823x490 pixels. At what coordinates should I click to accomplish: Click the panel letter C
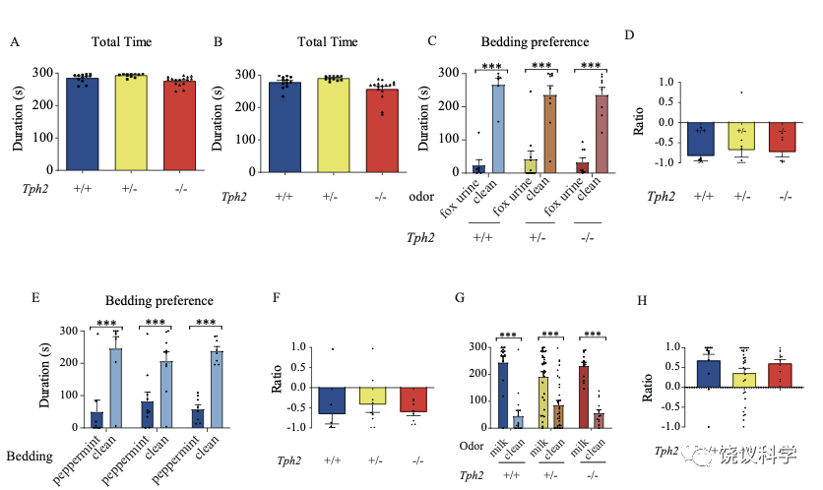pos(430,42)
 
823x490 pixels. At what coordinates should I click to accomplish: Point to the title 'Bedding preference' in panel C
pos(535,42)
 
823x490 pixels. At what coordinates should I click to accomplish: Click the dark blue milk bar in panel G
pos(503,395)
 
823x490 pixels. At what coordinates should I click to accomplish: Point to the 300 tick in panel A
pos(45,73)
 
